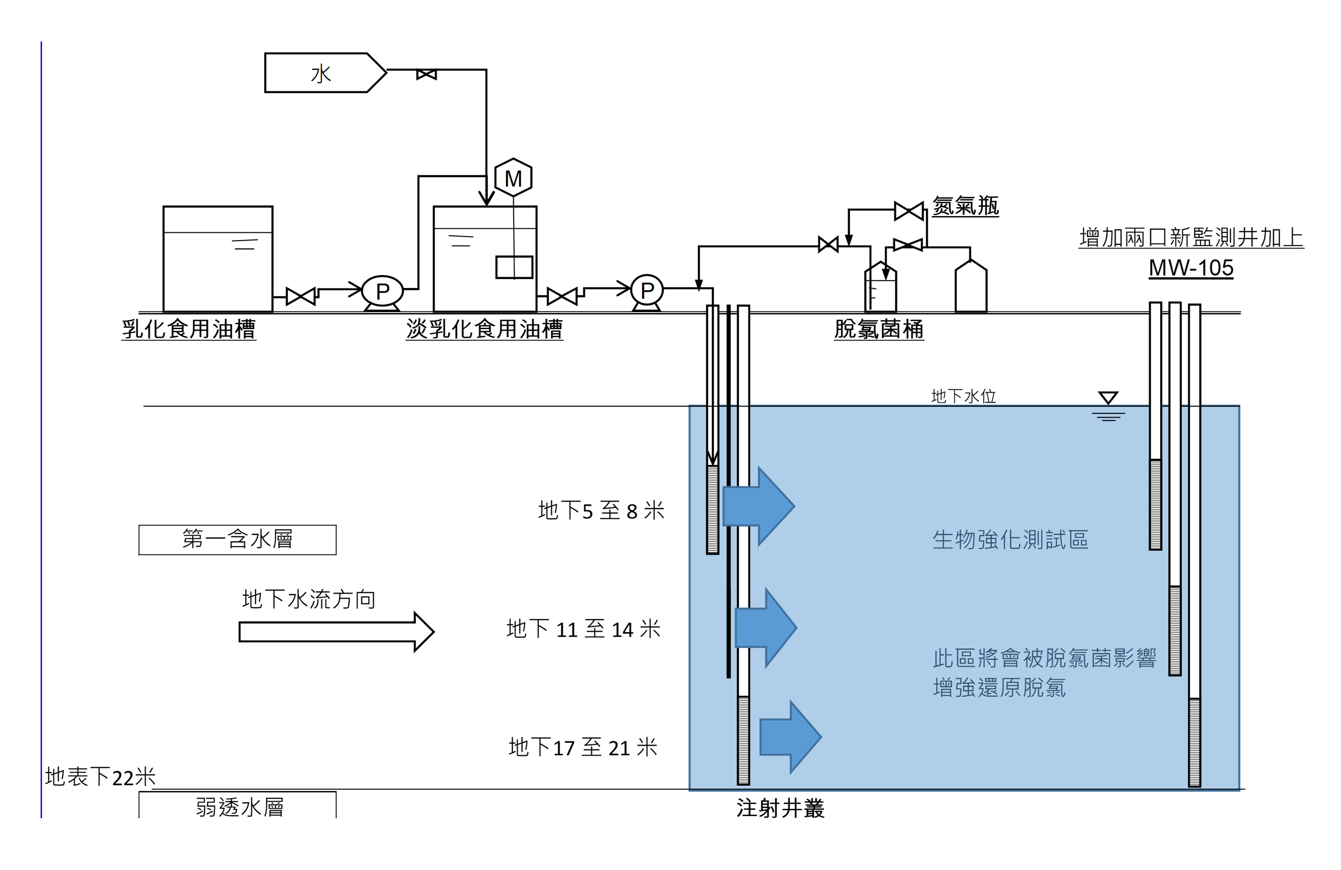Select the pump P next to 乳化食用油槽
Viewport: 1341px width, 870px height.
(x=382, y=291)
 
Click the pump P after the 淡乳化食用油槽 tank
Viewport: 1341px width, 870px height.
(x=647, y=291)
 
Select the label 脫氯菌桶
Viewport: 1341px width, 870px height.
(x=879, y=329)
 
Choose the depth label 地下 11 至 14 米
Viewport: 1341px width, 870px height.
(x=583, y=629)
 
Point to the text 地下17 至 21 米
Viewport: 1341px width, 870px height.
(x=583, y=747)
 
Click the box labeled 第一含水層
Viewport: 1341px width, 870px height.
(x=237, y=539)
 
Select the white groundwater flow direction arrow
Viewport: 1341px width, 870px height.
(x=336, y=632)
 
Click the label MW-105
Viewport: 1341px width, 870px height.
(x=1191, y=268)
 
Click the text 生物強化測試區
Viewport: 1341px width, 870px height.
(x=1010, y=539)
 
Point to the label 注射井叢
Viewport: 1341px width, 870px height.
(x=780, y=809)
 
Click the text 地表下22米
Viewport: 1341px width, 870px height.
(x=100, y=777)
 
